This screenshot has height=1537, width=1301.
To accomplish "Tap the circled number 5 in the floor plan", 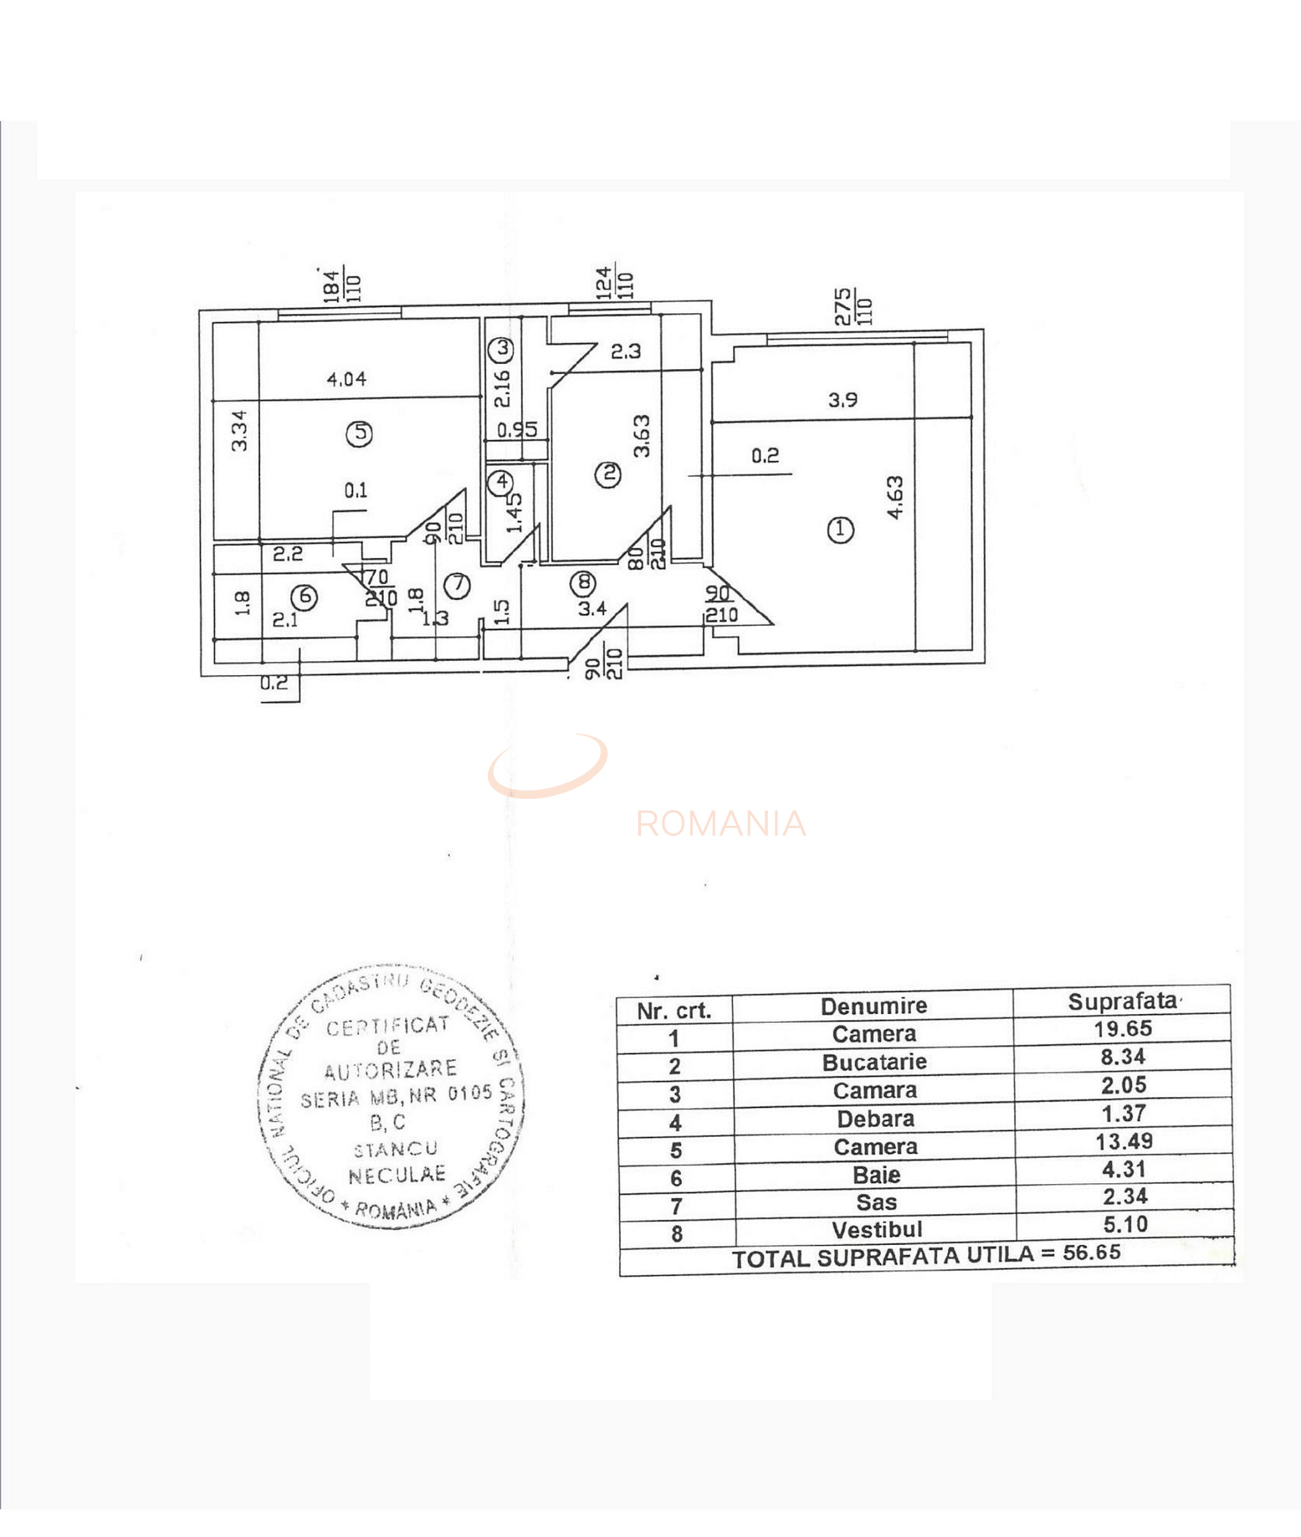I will [x=359, y=433].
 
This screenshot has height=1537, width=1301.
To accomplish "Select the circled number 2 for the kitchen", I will [x=608, y=473].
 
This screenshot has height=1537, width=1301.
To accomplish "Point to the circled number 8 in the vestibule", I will [x=584, y=583].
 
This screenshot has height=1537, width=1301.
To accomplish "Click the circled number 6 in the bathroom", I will [x=305, y=597].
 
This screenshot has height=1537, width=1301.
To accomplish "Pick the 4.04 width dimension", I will [x=346, y=379].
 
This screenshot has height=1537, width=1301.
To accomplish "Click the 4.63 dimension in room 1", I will [x=894, y=498].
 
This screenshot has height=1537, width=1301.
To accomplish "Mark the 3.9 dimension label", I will [x=842, y=400].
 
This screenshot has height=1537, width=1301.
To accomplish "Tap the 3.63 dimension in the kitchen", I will [x=642, y=436].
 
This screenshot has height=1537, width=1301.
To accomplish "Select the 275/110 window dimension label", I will [x=853, y=307].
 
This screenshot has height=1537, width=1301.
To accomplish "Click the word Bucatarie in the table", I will [x=874, y=1062].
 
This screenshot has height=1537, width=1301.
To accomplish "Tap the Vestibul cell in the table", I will [x=877, y=1230].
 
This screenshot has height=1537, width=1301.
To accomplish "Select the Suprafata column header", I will [x=1122, y=1001].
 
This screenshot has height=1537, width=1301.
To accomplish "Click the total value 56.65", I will [x=1092, y=1253].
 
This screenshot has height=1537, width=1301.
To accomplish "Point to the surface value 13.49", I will [x=1124, y=1142].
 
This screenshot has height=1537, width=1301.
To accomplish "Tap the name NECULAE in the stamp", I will [x=398, y=1175].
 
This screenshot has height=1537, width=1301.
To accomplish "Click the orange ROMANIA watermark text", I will [x=721, y=824].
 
